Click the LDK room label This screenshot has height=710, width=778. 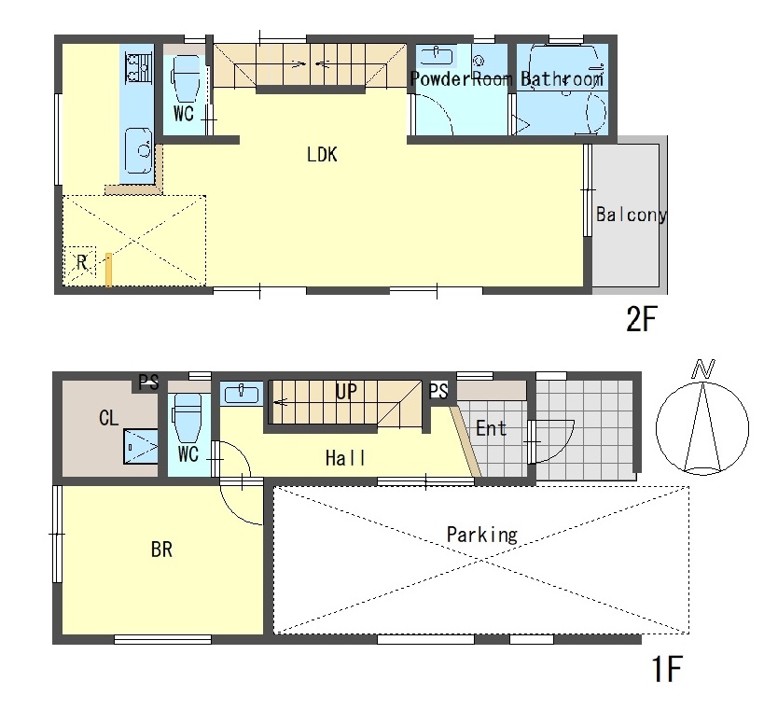[322, 155]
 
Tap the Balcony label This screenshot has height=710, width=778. [632, 215]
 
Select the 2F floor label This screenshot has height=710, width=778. [642, 318]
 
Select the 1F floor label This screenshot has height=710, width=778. [666, 668]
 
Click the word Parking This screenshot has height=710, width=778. [481, 535]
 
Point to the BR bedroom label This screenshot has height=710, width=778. [161, 550]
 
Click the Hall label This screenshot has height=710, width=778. [345, 458]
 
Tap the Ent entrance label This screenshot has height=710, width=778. [492, 428]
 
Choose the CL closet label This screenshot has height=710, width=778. [108, 418]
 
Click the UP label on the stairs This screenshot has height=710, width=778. [346, 392]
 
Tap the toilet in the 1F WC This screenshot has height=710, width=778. [188, 418]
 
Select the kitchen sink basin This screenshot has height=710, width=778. [138, 151]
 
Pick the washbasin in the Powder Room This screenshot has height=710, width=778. [435, 56]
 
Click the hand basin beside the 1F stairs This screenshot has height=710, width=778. [241, 394]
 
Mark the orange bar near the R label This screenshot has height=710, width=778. [108, 270]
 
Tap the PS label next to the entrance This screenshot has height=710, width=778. [438, 391]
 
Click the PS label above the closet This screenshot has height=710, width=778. [148, 382]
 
